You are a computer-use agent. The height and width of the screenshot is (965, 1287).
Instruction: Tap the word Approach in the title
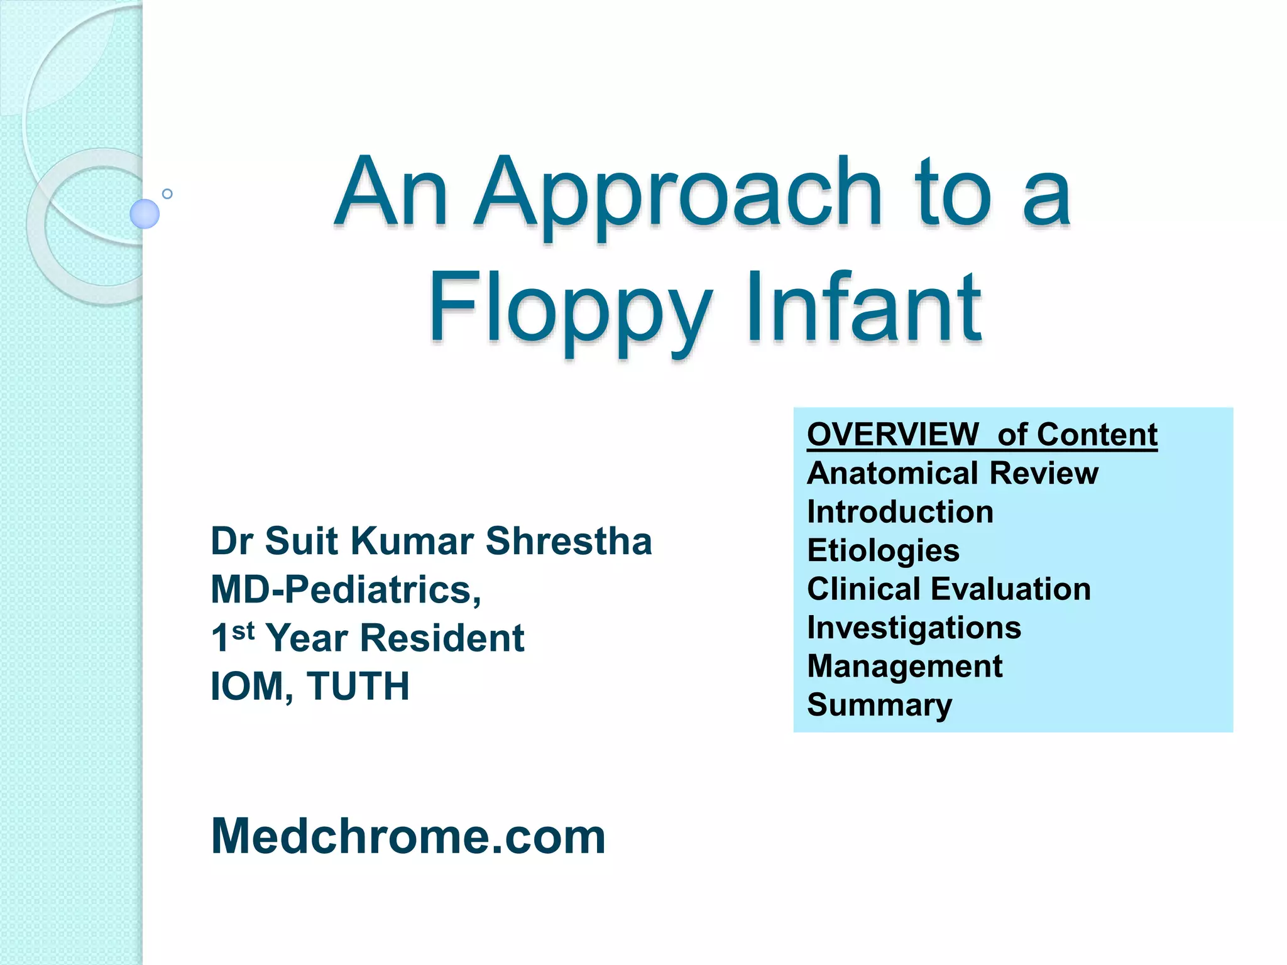(x=678, y=194)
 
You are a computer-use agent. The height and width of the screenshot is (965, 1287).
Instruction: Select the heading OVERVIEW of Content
(x=982, y=435)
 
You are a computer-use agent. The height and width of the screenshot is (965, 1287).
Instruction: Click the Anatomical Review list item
(x=952, y=473)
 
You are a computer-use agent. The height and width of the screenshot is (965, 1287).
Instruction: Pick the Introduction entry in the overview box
(x=900, y=512)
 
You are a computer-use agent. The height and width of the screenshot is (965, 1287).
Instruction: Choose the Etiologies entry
(x=883, y=551)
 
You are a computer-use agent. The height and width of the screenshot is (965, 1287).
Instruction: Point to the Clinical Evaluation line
(x=948, y=589)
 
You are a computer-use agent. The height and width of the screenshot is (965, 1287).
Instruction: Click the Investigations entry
(x=914, y=628)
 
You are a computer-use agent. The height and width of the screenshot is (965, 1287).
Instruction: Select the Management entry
(x=904, y=666)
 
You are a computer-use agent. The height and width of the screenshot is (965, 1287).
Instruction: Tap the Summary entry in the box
(x=879, y=705)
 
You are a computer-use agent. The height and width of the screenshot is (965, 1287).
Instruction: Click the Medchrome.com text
(x=408, y=837)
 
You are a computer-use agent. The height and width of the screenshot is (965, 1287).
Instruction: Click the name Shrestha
(x=569, y=541)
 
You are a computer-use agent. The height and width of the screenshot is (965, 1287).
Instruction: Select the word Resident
(x=442, y=638)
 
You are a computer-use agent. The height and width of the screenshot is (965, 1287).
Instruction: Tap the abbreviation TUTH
(x=358, y=686)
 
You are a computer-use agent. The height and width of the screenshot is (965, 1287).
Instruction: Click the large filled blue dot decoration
(x=145, y=214)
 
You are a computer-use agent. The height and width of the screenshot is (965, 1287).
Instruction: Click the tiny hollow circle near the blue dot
(x=167, y=194)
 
